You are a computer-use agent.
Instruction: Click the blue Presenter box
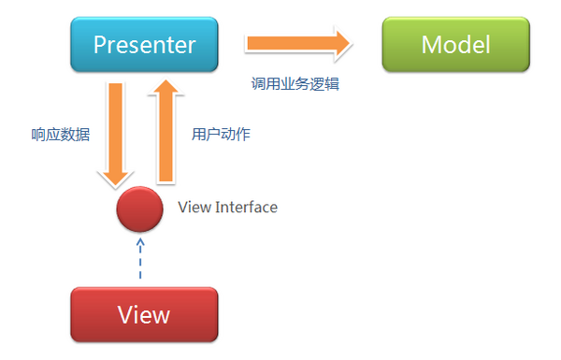(x=144, y=44)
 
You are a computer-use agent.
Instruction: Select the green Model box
(x=455, y=44)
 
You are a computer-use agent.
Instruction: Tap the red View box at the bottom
(x=144, y=313)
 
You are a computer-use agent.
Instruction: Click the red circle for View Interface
(x=139, y=209)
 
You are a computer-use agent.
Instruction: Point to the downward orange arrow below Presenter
(x=116, y=131)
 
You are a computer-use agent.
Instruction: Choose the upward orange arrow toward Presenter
(x=165, y=131)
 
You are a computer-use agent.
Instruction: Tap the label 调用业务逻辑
(x=295, y=83)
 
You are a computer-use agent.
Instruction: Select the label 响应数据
(x=60, y=134)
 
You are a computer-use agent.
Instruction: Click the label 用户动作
(x=221, y=134)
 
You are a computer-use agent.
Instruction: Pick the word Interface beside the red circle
(x=246, y=207)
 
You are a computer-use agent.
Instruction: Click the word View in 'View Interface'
(x=194, y=207)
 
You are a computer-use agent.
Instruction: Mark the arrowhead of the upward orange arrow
(x=165, y=89)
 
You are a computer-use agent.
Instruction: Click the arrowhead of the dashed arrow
(x=139, y=242)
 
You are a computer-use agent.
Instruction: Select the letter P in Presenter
(x=98, y=45)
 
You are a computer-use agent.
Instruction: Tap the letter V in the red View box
(x=125, y=314)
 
